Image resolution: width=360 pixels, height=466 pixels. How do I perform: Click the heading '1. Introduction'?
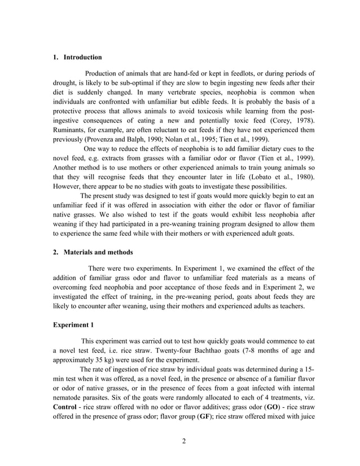[x=77, y=58]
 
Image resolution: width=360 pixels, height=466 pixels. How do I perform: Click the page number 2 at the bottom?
[x=184, y=441]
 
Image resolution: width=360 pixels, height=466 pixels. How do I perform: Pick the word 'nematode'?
[x=69, y=396]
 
